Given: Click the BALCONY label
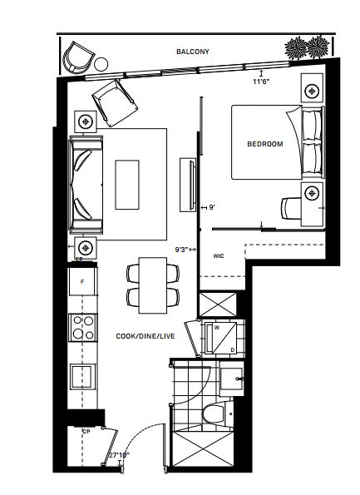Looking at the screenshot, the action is click(x=192, y=52).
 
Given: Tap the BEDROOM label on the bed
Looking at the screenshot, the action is click(x=265, y=144).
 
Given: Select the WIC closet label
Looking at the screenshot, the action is click(x=219, y=255).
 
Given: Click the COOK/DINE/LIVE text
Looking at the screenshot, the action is click(x=145, y=336).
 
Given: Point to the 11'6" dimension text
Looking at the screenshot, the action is click(x=261, y=82).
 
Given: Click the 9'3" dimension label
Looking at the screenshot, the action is click(x=182, y=250).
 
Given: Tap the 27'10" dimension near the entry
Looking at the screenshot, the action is click(x=119, y=455).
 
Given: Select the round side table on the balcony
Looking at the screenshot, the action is click(x=101, y=64).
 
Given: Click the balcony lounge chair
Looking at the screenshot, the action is click(x=78, y=58).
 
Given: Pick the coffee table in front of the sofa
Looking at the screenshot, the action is click(x=127, y=185).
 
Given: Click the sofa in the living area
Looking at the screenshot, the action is click(x=86, y=185).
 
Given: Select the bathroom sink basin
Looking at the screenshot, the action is click(x=232, y=379).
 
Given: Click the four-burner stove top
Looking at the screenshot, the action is click(x=83, y=328).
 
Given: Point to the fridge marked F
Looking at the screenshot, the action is click(x=82, y=281).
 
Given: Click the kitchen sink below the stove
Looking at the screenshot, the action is click(x=82, y=376).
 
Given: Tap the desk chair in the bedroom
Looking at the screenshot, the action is click(x=291, y=208).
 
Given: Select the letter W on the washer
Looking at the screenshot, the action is click(x=217, y=328).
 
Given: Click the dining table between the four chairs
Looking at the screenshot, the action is click(x=153, y=285).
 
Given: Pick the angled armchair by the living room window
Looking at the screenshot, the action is click(x=115, y=103).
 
